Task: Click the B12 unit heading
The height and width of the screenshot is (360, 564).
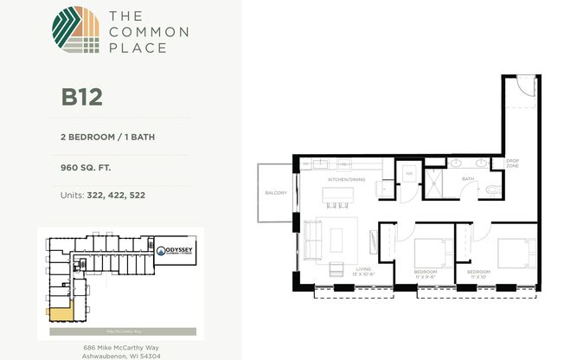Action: (x=82, y=96)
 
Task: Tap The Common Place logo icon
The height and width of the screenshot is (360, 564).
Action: (x=75, y=31)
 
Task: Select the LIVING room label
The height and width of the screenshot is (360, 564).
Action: (x=363, y=270)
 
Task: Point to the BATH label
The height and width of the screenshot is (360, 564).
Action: (x=467, y=179)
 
